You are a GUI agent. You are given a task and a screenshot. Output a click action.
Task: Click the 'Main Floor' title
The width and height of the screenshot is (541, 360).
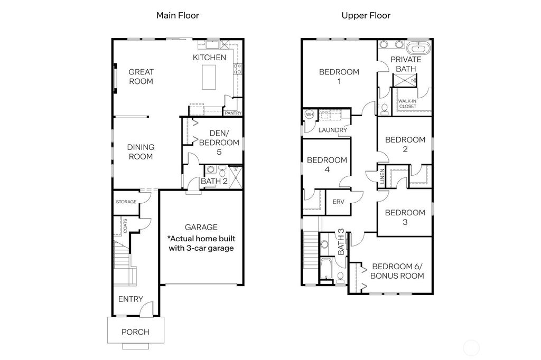pos(178,15)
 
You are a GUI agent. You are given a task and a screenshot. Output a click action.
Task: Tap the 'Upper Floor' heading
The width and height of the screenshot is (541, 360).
pos(366,15)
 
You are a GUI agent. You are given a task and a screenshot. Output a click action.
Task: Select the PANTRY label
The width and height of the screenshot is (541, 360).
pos(233,113)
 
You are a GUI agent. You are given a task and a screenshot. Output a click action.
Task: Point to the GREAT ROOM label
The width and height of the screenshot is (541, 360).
pos(141,77)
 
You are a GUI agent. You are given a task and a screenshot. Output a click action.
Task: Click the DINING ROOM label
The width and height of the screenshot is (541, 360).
pos(141,152)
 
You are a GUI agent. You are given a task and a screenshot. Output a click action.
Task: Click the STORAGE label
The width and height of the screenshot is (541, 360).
pos(126,202)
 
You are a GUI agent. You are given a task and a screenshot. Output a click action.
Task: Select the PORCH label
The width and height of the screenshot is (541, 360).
pos(135,332)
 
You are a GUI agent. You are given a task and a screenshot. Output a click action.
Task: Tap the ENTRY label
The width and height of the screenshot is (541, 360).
pos(130,299)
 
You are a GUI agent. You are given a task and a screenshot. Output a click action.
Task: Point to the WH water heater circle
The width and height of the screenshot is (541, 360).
pos(309,115)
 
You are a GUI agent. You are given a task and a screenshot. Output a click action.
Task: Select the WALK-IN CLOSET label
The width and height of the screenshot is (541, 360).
pos(407,103)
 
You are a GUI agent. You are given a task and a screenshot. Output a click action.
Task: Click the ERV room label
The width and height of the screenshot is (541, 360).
pos(338,202)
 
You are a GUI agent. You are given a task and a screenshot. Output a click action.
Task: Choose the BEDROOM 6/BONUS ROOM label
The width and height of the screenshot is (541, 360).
pos(397,271)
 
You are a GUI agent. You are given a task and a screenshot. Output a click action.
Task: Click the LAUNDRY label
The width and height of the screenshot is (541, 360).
pos(333,130)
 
